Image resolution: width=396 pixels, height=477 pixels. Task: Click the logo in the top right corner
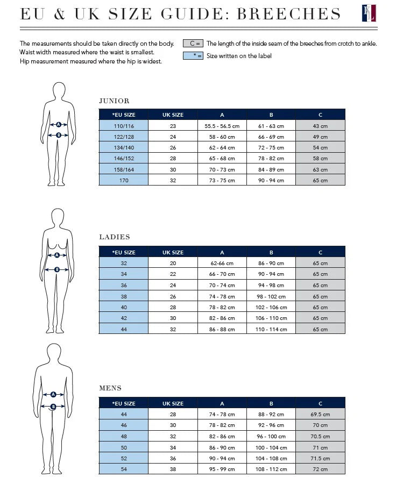point(369,13)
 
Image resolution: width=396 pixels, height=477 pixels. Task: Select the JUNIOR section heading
point(114,101)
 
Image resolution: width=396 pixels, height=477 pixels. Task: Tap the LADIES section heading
point(115,237)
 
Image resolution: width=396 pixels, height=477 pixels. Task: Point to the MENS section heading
point(110,388)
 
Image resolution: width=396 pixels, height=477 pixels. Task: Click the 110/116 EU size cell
point(123,126)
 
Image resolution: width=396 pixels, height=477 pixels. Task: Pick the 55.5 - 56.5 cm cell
point(222,126)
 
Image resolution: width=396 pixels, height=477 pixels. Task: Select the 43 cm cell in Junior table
point(320,126)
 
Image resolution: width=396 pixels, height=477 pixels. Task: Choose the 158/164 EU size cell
point(123,169)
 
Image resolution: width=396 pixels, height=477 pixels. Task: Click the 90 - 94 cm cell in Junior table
point(271,180)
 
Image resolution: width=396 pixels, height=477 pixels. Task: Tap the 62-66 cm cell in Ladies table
point(222,264)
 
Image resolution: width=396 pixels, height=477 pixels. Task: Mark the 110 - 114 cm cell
point(271,329)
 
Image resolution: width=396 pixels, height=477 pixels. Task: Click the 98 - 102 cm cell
point(271,296)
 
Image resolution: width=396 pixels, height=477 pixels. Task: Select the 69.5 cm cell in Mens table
point(320,415)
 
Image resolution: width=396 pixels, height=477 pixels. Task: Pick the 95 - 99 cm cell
point(222,469)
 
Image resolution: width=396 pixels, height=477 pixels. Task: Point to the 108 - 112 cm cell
point(271,469)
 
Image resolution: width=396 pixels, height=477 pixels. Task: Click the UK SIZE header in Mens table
point(173,403)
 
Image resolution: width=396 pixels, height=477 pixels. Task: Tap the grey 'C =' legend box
point(193,44)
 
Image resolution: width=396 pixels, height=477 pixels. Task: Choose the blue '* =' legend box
point(193,55)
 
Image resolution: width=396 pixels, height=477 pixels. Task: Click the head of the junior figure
point(59,91)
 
